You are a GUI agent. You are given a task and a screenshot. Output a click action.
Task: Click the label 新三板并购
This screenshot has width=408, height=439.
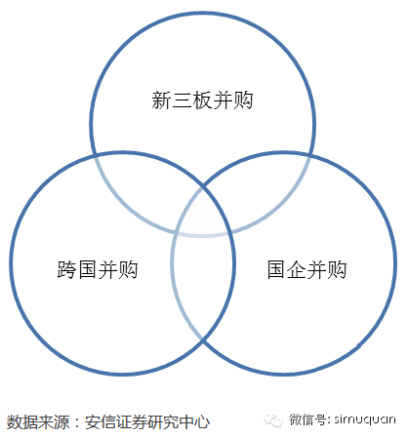click(202, 100)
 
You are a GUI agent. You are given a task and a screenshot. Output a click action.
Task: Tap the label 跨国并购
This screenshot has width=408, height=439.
click(98, 269)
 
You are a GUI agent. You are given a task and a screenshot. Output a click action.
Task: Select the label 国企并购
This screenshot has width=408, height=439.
click(306, 269)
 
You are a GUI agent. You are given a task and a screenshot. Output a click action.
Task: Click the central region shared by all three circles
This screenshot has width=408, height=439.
click(202, 213)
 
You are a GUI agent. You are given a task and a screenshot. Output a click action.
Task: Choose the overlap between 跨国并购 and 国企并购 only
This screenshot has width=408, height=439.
click(202, 286)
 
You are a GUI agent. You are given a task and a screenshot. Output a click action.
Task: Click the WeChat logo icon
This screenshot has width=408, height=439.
click(273, 420)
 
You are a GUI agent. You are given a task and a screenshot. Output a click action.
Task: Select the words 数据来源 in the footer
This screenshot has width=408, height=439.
click(38, 422)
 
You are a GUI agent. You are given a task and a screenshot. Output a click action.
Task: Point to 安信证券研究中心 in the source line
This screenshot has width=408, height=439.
click(147, 422)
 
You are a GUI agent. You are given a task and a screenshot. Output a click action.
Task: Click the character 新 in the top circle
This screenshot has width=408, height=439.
click(161, 100)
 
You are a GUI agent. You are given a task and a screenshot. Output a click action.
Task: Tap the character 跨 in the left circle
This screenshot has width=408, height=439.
click(66, 269)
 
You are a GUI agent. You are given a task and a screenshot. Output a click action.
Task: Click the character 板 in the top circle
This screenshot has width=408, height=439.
click(202, 100)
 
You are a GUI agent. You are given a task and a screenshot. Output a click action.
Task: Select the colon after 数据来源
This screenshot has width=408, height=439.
click(77, 422)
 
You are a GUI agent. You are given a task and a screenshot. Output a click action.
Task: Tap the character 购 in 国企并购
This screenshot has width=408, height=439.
click(337, 269)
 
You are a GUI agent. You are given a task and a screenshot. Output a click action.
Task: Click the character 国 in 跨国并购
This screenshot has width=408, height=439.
click(87, 269)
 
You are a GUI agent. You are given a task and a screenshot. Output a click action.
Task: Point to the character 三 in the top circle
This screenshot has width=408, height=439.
click(182, 100)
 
